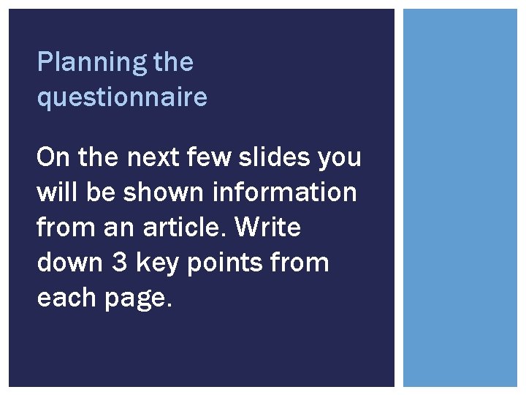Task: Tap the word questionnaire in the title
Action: coord(122,97)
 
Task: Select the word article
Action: coord(194,227)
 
